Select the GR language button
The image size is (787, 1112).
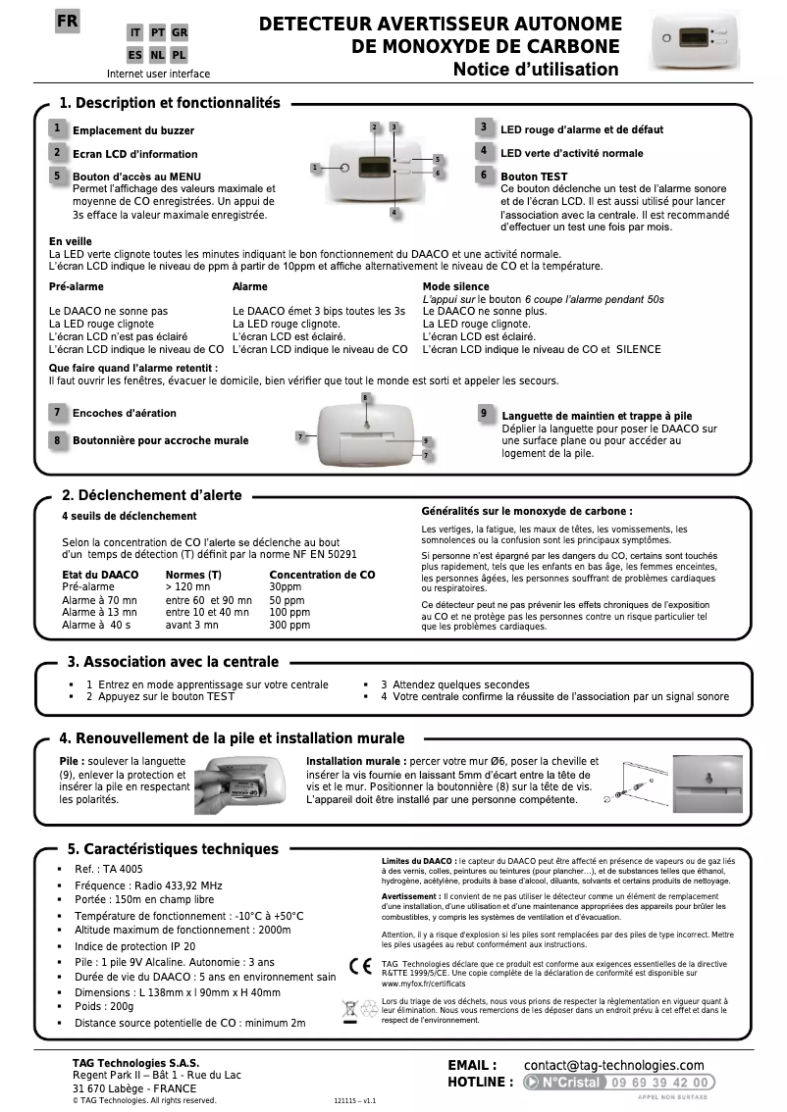click(x=180, y=33)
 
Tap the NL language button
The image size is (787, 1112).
click(x=157, y=55)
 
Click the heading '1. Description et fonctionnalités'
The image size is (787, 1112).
click(x=170, y=103)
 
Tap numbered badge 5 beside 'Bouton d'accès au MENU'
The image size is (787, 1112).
click(x=58, y=176)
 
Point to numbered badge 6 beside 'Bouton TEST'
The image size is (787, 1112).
click(x=484, y=175)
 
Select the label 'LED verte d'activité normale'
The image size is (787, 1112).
click(x=571, y=153)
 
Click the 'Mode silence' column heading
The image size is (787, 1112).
click(x=455, y=286)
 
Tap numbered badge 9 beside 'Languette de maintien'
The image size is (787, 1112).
click(x=485, y=414)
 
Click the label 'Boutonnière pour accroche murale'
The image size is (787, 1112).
click(x=160, y=440)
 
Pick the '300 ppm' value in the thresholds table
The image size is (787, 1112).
click(x=289, y=625)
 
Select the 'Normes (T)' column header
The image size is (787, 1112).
click(x=193, y=575)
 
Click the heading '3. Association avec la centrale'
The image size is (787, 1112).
click(x=173, y=662)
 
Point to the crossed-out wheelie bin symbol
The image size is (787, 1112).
click(x=349, y=1009)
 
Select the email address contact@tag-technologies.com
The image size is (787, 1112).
click(x=613, y=1065)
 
